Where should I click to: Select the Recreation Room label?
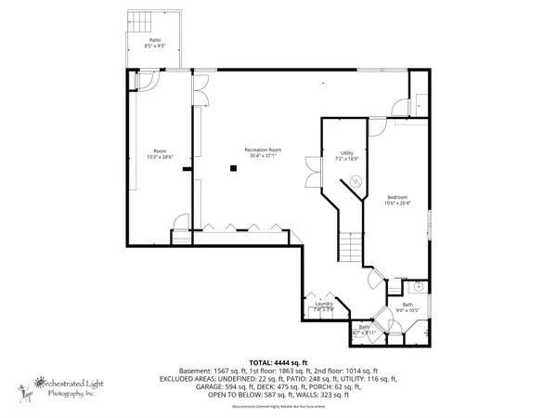pyautogui.click(x=263, y=150)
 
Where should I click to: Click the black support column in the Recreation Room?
pyautogui.click(x=234, y=168)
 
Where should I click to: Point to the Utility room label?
pyautogui.click(x=346, y=153)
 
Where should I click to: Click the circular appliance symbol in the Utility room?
pyautogui.click(x=354, y=181)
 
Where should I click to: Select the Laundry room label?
pyautogui.click(x=324, y=304)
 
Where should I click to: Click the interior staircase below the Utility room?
pyautogui.click(x=350, y=248)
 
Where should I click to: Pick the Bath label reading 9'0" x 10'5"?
pyautogui.click(x=408, y=307)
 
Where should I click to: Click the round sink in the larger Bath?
pyautogui.click(x=418, y=289)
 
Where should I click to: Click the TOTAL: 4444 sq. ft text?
pyautogui.click(x=278, y=361)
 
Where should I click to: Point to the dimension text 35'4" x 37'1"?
pyautogui.click(x=263, y=156)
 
